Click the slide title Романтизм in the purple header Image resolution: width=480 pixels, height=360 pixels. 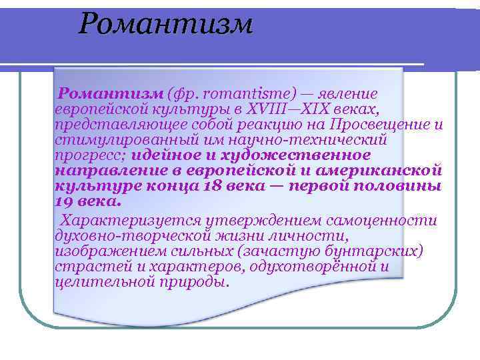coord(166,25)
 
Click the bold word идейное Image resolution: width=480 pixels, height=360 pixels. coord(163,155)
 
